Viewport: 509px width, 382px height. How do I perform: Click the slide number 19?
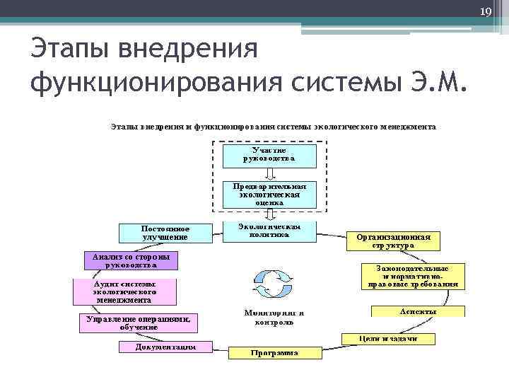pos(486,11)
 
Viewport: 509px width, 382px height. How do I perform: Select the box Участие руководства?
pos(269,155)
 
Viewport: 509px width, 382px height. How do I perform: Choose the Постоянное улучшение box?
pos(165,233)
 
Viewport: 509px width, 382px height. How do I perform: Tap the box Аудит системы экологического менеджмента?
pos(124,291)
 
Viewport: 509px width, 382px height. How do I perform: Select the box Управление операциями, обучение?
pos(139,323)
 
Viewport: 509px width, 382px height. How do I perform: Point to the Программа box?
pos(274,352)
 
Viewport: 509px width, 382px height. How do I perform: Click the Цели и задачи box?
pos(388,338)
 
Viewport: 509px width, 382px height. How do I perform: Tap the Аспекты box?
pos(418,311)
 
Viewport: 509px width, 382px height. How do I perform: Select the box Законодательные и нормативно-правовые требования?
pos(414,277)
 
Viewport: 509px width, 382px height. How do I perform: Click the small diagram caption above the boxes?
pos(273,127)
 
